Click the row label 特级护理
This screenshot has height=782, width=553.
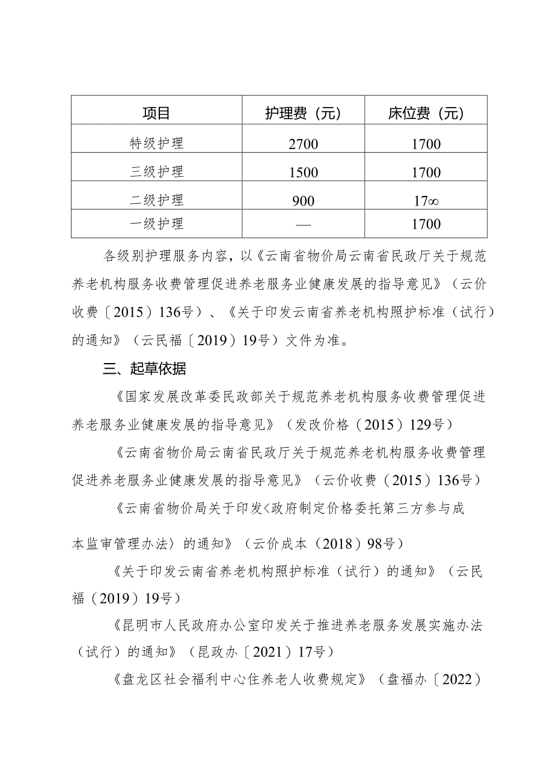pyautogui.click(x=157, y=143)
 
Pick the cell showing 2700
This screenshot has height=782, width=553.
pyautogui.click(x=303, y=144)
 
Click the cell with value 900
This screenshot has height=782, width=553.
pyautogui.click(x=303, y=201)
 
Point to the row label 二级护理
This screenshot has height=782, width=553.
pyautogui.click(x=157, y=200)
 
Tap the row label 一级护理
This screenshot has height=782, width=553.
pyautogui.click(x=157, y=224)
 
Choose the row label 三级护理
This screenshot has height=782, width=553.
pyautogui.click(x=157, y=171)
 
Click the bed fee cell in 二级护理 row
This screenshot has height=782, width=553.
pyautogui.click(x=426, y=201)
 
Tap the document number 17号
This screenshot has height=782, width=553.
pyautogui.click(x=309, y=652)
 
